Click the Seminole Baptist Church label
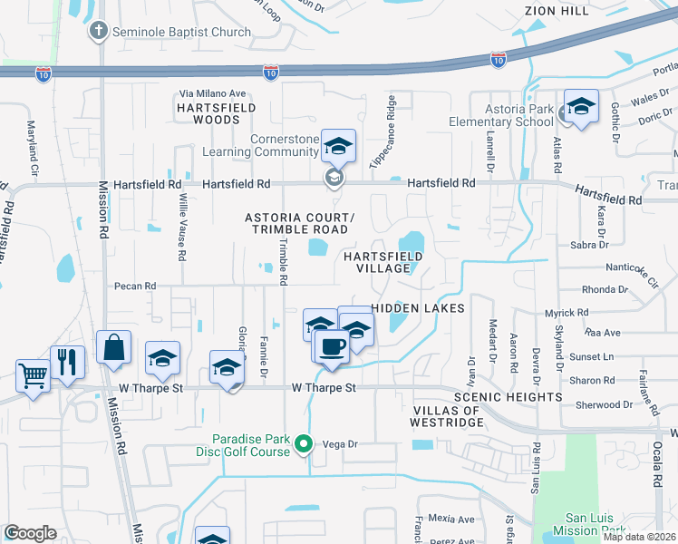[x=181, y=32]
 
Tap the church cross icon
[x=98, y=32]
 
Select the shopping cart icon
[x=34, y=373]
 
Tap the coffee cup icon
[x=332, y=346]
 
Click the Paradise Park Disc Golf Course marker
[x=305, y=444]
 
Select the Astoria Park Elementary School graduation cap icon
[x=581, y=105]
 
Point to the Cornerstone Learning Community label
[x=286, y=145]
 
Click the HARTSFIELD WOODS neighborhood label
[x=217, y=113]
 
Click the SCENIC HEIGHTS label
[x=508, y=397]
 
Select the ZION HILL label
[x=557, y=10]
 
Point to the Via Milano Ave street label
[x=213, y=93]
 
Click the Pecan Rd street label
[x=135, y=286]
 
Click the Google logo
[x=31, y=533]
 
